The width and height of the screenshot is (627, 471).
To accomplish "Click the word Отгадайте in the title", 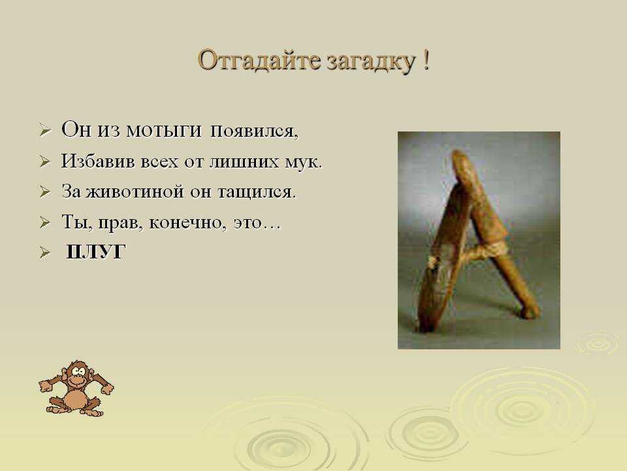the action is pyautogui.click(x=259, y=61).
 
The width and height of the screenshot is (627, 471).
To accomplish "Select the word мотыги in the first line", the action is pyautogui.click(x=163, y=130).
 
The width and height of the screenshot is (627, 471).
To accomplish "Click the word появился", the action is pyautogui.click(x=254, y=131).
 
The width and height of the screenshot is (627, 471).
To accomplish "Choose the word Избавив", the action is pyautogui.click(x=97, y=161).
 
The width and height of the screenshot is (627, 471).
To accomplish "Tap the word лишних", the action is pyautogui.click(x=244, y=162).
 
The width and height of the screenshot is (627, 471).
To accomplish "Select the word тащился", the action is pyautogui.click(x=257, y=192).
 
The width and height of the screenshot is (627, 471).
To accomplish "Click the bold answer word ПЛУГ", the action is pyautogui.click(x=95, y=251).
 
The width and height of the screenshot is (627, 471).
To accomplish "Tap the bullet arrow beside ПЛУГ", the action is pyautogui.click(x=45, y=253).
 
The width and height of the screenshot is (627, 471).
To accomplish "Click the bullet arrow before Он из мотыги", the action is pyautogui.click(x=45, y=131).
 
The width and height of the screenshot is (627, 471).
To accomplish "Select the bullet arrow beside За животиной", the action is pyautogui.click(x=45, y=192).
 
